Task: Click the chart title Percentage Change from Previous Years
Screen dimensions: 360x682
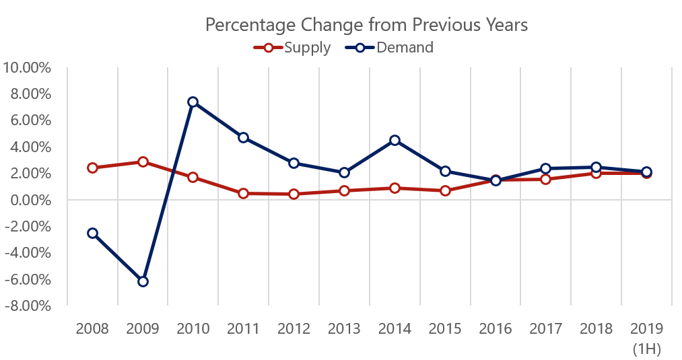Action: [366, 25]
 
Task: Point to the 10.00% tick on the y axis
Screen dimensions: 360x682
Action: [28, 67]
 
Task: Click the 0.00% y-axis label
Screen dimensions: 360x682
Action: [30, 200]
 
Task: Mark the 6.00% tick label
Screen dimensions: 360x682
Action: [30, 120]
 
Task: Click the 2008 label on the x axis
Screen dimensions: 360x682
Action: [92, 329]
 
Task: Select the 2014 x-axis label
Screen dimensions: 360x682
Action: [395, 329]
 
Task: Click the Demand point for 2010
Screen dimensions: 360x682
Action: [193, 102]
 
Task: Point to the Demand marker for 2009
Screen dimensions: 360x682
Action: [143, 281]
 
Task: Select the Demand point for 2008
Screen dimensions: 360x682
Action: [92, 233]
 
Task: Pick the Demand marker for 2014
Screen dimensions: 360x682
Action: [395, 140]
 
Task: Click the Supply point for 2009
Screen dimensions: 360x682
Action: [143, 161]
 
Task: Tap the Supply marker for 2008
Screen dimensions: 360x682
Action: [92, 168]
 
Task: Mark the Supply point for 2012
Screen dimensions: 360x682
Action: [294, 194]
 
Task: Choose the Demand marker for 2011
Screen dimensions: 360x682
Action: [244, 137]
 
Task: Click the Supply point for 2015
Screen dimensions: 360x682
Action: [445, 190]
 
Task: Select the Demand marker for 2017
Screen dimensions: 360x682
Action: [545, 168]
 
